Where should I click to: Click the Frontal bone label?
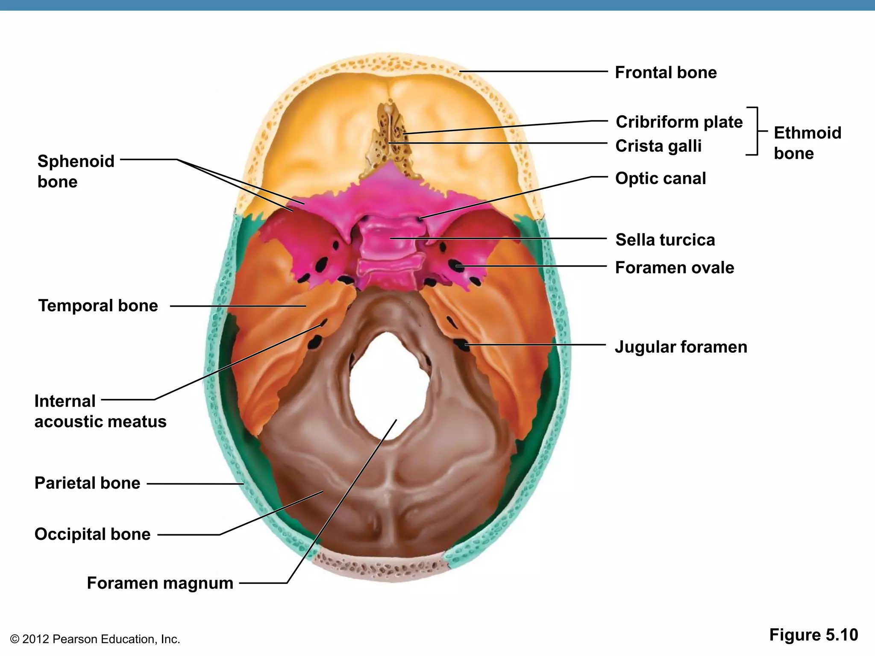point(666,73)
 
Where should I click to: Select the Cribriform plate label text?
point(679,122)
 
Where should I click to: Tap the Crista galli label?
point(658,146)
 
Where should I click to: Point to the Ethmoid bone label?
point(807,143)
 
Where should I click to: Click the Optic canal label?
point(661,179)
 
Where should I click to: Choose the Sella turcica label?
point(665,240)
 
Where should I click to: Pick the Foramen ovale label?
point(675,268)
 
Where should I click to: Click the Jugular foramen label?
point(681,347)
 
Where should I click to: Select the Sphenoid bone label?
point(76,172)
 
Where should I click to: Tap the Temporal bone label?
point(98,306)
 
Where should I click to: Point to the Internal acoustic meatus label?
point(100,411)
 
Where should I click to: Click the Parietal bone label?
point(87,483)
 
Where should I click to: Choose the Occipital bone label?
point(92,534)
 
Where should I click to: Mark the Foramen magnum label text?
point(160,583)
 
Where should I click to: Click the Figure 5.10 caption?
point(813,635)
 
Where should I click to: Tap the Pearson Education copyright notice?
point(95,639)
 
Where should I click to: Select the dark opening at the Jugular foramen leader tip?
point(461,344)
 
